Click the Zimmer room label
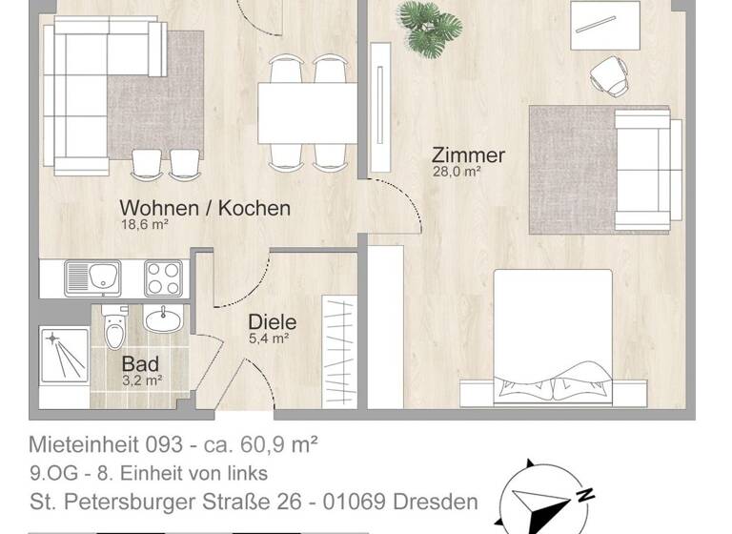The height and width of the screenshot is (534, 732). [468, 154]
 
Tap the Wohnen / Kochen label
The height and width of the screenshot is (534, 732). [204, 208]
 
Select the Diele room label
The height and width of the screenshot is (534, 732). [272, 322]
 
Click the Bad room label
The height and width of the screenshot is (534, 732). [140, 363]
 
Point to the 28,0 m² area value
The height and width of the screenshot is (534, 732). [457, 173]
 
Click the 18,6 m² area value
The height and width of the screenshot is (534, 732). [144, 225]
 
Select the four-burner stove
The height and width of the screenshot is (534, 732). [163, 277]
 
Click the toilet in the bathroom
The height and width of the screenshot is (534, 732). [114, 330]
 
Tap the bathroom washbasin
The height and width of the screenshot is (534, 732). [162, 318]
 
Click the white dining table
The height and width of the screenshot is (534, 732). [306, 113]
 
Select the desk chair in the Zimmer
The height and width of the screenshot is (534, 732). [608, 72]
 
